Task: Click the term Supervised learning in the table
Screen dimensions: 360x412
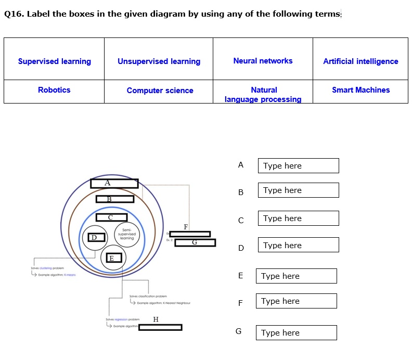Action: (54, 61)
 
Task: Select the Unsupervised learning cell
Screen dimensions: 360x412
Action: (159, 61)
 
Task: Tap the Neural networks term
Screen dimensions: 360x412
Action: (263, 61)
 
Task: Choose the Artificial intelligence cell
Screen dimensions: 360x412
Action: (360, 61)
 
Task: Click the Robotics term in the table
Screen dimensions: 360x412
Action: (54, 90)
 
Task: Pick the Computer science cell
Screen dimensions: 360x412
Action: (160, 91)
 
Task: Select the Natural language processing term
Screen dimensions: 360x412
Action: (263, 94)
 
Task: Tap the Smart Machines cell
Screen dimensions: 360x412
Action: (360, 90)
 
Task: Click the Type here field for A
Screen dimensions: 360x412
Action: (298, 166)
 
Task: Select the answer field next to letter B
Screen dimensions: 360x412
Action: (298, 190)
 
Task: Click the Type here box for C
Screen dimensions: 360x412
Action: (298, 218)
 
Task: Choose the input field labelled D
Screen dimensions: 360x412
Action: (298, 245)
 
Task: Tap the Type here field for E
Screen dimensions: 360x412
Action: (296, 276)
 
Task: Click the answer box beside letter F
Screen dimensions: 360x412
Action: (296, 301)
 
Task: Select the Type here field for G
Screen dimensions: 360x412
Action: (296, 333)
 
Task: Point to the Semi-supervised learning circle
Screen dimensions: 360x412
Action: (126, 235)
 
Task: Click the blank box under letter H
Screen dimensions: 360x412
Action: (160, 327)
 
